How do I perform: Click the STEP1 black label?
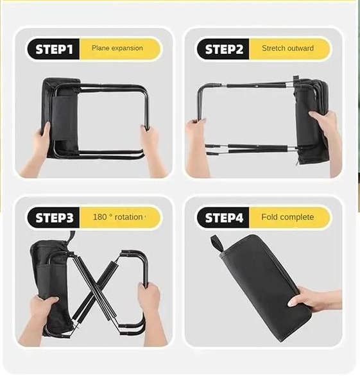pyautogui.click(x=54, y=49)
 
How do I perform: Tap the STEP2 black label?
pyautogui.click(x=223, y=49)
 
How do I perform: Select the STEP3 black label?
pyautogui.click(x=54, y=218)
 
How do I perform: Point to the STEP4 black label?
pyautogui.click(x=223, y=218)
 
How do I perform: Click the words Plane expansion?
pyautogui.click(x=117, y=48)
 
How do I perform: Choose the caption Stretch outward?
pyautogui.click(x=287, y=48)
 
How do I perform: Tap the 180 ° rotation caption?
pyautogui.click(x=118, y=217)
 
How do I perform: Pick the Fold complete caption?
pyautogui.click(x=287, y=217)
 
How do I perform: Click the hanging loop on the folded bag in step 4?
pyautogui.click(x=217, y=243)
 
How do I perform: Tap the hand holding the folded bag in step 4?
pyautogui.click(x=312, y=299)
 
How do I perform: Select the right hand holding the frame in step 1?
pyautogui.click(x=151, y=149)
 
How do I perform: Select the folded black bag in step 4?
pyautogui.click(x=261, y=287)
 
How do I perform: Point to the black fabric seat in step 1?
pyautogui.click(x=61, y=117)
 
